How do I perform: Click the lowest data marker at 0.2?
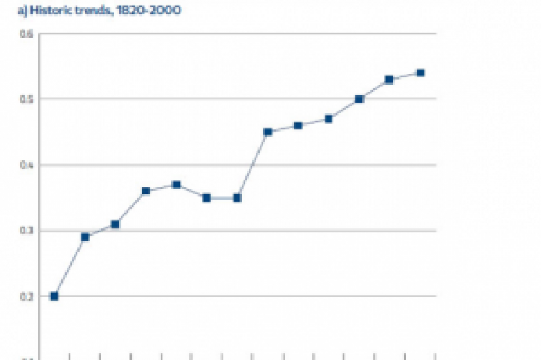(x=54, y=296)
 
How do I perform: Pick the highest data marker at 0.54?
(x=420, y=72)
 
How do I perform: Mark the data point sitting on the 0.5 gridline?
(x=359, y=99)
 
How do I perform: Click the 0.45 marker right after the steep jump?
(x=268, y=132)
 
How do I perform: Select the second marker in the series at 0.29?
(x=85, y=237)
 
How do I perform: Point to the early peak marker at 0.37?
(x=176, y=184)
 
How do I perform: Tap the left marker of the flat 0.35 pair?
(x=206, y=197)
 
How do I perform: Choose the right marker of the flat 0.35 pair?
(x=237, y=197)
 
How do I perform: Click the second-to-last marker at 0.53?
(x=389, y=79)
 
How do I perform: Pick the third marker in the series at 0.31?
(x=115, y=224)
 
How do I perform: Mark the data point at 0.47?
(x=328, y=119)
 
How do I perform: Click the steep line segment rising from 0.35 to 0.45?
(x=252, y=165)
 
